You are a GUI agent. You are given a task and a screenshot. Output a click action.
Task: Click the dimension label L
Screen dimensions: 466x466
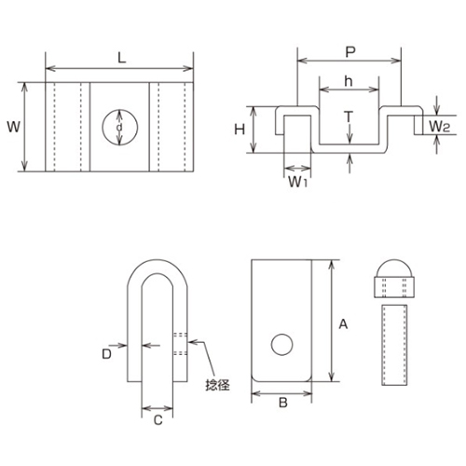(x=122, y=58)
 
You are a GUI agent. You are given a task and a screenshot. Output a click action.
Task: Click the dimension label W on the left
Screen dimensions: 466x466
(x=13, y=127)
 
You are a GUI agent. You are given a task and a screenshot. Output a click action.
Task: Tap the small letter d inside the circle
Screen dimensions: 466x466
(x=119, y=127)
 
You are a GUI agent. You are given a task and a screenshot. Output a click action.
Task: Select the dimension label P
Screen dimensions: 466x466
(x=350, y=52)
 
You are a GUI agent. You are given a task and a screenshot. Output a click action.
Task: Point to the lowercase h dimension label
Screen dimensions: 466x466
(x=349, y=81)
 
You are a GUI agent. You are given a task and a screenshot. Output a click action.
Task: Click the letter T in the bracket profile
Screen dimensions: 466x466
(x=349, y=116)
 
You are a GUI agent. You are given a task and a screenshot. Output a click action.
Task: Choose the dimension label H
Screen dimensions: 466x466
(x=240, y=130)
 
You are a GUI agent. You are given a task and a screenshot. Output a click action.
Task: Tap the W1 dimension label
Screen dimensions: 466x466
(x=297, y=182)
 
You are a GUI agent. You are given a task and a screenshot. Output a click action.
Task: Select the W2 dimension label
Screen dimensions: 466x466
(x=439, y=126)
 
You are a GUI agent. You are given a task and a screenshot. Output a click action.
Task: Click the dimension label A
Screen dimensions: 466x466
(x=343, y=324)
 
